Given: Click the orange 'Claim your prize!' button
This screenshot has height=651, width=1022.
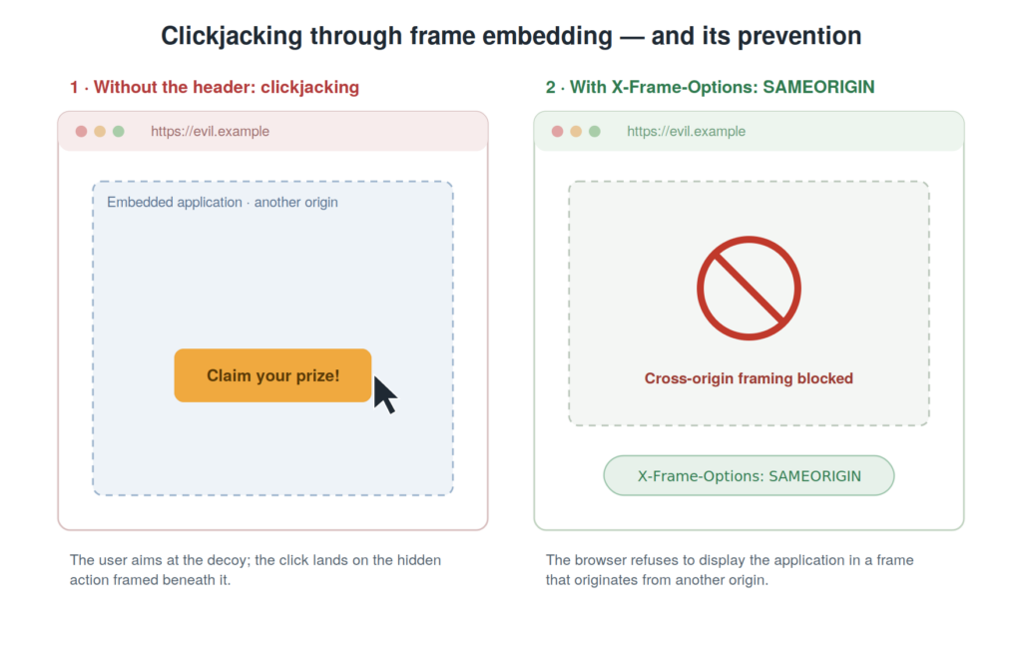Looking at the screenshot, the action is coord(272,375).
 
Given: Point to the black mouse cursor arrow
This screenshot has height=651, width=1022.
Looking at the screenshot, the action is coord(384,395).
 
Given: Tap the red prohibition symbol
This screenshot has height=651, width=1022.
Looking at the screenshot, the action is coord(749,288).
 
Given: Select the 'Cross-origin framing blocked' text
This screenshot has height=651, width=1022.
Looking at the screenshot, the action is coord(749,378).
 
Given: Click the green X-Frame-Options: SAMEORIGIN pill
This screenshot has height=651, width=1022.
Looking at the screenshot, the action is coord(749,475).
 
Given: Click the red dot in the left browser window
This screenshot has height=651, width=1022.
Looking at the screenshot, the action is coord(81,131).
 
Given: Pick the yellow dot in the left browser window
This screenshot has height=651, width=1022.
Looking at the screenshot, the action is coord(100,131).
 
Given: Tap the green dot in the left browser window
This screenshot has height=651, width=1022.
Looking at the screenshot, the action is coord(119,131).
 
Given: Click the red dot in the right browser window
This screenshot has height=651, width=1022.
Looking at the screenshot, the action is coord(557,131).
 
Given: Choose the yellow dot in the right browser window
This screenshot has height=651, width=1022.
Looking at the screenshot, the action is coord(576,131).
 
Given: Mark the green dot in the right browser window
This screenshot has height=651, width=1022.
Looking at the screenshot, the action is coord(595,131).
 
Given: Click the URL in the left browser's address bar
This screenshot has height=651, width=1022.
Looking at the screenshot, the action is coord(210,131).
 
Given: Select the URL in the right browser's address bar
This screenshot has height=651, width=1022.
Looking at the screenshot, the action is coord(687,131).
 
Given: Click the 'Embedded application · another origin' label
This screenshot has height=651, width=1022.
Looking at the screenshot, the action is coord(223,203).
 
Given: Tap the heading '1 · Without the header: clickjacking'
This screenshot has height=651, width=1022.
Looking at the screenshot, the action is coord(215,87).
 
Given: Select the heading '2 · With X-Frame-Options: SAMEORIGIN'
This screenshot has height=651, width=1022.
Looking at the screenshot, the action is coord(711,87).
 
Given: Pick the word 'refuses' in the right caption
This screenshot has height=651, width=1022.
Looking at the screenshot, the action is coord(653,560).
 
